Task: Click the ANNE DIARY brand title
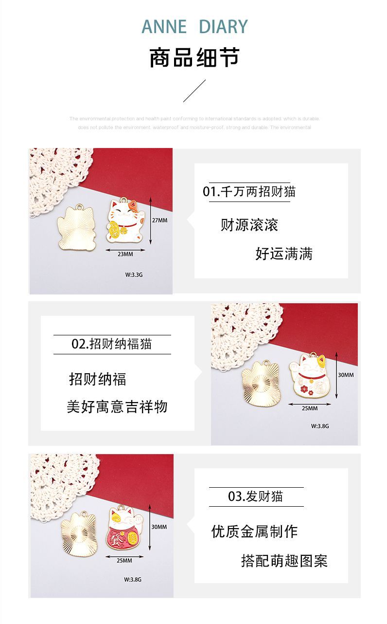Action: click(x=194, y=27)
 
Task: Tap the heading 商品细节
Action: click(x=194, y=57)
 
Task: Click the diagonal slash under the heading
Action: click(x=194, y=91)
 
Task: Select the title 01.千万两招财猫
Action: click(x=249, y=191)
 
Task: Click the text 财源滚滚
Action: click(x=249, y=225)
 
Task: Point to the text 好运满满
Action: click(x=284, y=254)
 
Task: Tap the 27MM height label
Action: click(x=159, y=220)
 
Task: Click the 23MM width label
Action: click(x=125, y=254)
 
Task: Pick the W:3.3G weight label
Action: click(x=134, y=275)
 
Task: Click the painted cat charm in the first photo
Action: click(x=124, y=221)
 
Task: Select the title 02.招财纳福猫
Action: click(x=112, y=344)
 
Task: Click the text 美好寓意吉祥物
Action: click(x=117, y=406)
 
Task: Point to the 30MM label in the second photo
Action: click(x=346, y=375)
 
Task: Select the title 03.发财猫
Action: click(x=256, y=496)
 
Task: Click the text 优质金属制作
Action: click(x=254, y=531)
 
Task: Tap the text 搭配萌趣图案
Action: click(x=284, y=561)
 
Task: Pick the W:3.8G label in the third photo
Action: click(x=132, y=579)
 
